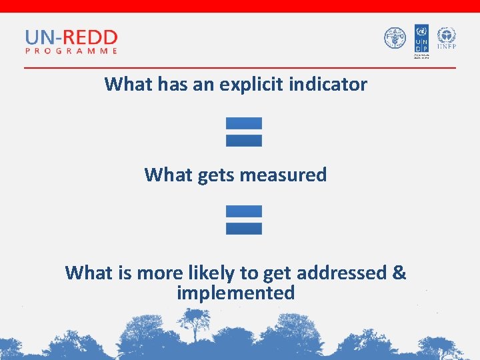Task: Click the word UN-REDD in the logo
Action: [x=71, y=37]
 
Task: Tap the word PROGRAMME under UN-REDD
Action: [x=71, y=50]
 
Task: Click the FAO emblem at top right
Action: [x=395, y=38]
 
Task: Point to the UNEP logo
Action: [x=446, y=37]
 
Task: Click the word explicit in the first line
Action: [x=255, y=85]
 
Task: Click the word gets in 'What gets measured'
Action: [x=216, y=175]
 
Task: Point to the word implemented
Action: [x=236, y=293]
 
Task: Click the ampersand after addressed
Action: [x=399, y=273]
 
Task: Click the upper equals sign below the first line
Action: [x=243, y=132]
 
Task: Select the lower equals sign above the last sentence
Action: [x=243, y=220]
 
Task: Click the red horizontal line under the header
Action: [x=240, y=67]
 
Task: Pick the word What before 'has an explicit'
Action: [x=129, y=85]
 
